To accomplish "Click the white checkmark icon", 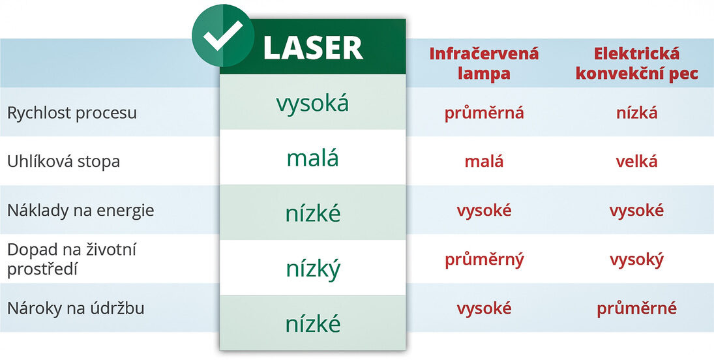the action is click(x=223, y=36).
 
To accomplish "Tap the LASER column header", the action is click(x=313, y=48).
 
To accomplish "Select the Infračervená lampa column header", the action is click(x=484, y=63).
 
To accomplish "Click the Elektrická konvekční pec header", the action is click(x=636, y=63).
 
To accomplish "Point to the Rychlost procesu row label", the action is click(x=72, y=113).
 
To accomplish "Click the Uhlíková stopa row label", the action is click(x=64, y=162).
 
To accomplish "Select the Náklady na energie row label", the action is click(x=81, y=211).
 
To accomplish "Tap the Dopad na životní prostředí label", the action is click(x=72, y=260).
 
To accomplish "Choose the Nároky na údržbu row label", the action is click(x=76, y=308).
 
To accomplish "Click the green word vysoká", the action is click(x=312, y=104).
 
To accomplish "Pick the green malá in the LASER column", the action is click(x=313, y=158).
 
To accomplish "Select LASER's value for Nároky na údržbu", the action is click(x=313, y=323).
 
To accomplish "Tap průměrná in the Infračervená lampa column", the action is click(x=484, y=113).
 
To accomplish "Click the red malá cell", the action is click(x=484, y=162).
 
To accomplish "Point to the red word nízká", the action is click(x=636, y=113).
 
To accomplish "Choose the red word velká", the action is click(x=636, y=162).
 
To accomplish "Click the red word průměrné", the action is click(x=636, y=309).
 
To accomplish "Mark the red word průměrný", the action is click(x=484, y=260).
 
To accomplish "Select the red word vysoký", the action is click(x=636, y=260).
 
